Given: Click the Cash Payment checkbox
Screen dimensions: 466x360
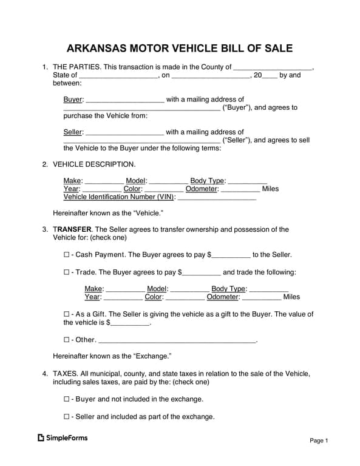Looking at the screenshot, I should [x=67, y=255].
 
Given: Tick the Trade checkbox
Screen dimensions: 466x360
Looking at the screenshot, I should [x=67, y=272].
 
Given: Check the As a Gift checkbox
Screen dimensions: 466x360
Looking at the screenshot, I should [x=67, y=314].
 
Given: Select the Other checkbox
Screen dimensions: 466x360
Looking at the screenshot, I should [x=67, y=340].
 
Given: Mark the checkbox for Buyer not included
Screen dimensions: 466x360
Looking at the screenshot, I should [x=67, y=399].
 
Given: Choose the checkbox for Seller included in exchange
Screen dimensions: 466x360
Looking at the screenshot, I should [x=67, y=417].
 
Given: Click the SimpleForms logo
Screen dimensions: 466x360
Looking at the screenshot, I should [x=63, y=437].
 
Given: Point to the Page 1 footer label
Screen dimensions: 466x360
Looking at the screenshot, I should [x=319, y=441].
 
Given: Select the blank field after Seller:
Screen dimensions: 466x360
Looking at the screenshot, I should [x=125, y=132].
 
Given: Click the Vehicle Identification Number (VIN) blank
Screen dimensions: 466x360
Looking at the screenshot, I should [x=217, y=198].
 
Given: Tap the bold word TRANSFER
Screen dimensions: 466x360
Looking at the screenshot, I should [x=72, y=229].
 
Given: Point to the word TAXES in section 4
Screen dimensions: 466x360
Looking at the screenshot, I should [x=64, y=374].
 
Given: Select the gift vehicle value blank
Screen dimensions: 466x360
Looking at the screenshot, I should [x=130, y=323].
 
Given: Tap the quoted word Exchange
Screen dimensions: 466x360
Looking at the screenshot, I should [x=152, y=356].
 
